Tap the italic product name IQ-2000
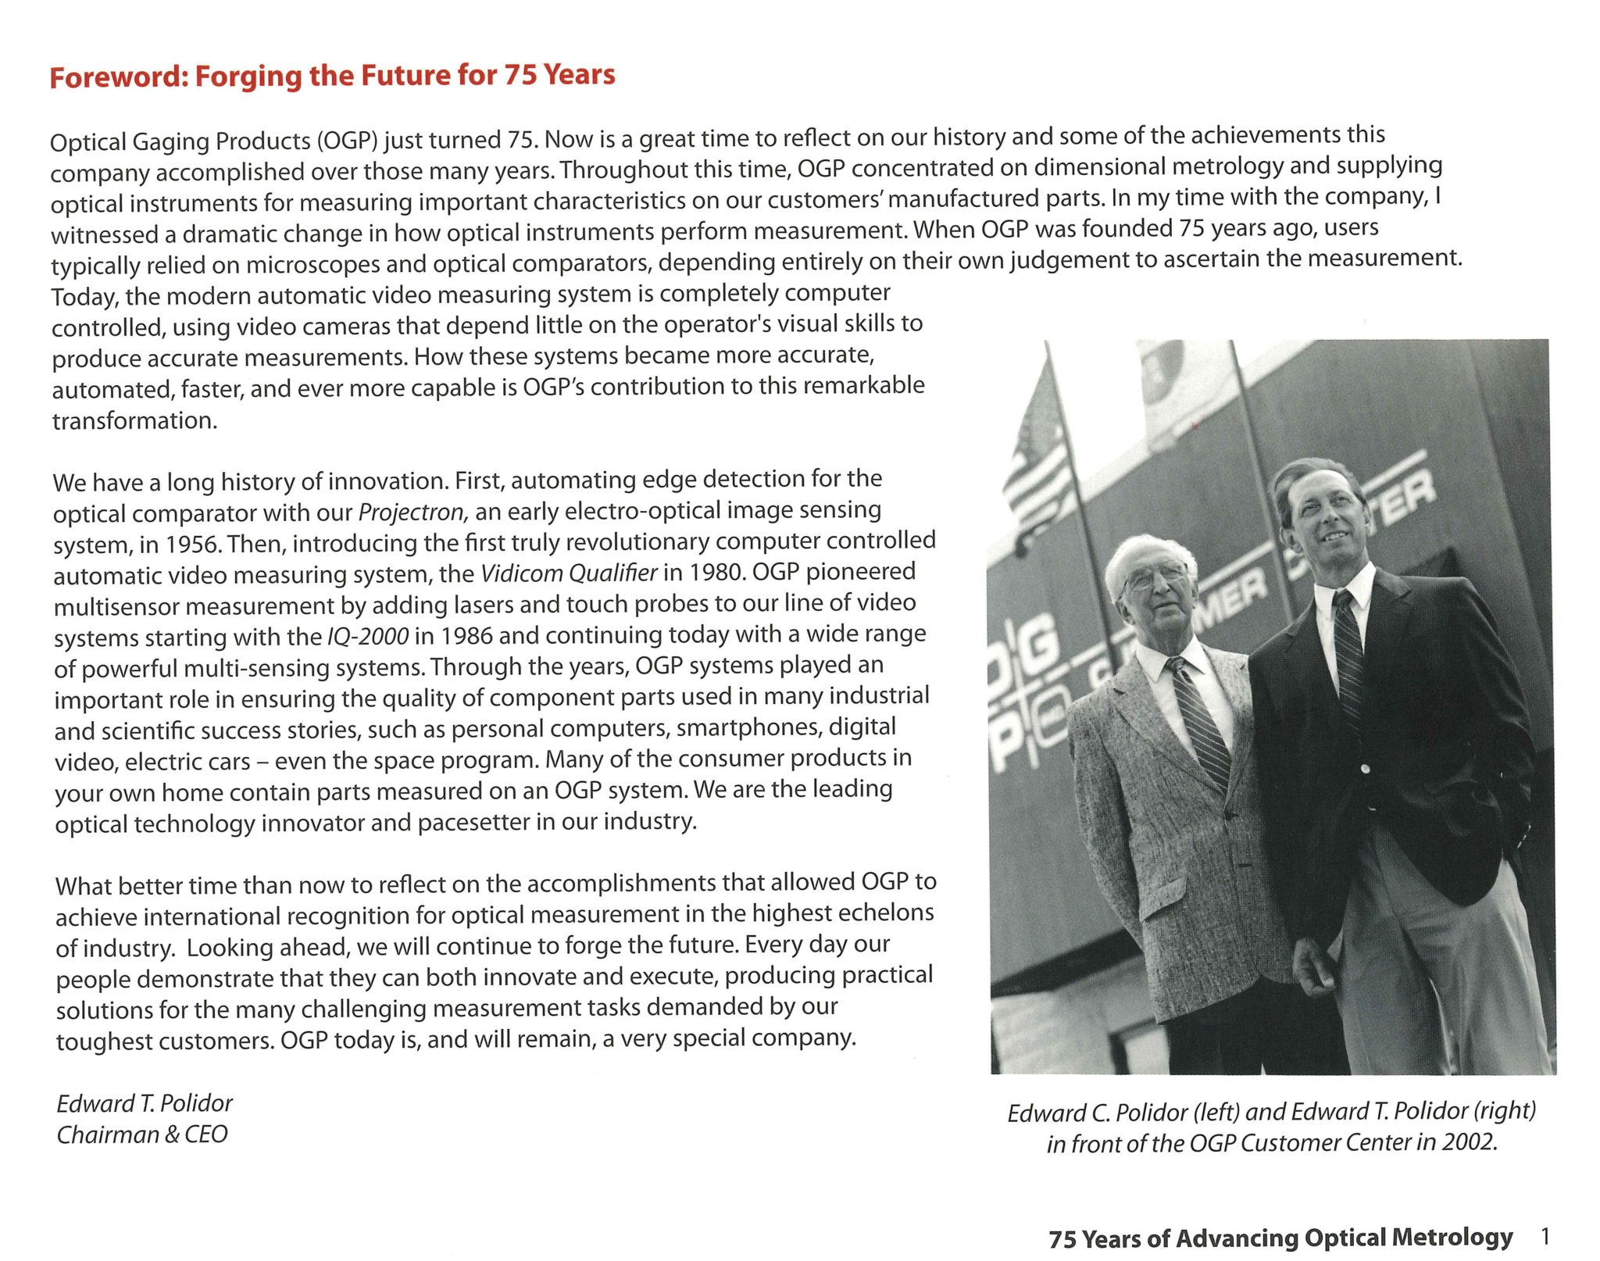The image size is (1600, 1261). (367, 636)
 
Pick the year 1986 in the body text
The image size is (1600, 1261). (466, 635)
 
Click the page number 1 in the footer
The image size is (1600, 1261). (1545, 1236)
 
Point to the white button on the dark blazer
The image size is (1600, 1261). (1364, 769)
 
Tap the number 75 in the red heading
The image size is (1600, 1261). (519, 75)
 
